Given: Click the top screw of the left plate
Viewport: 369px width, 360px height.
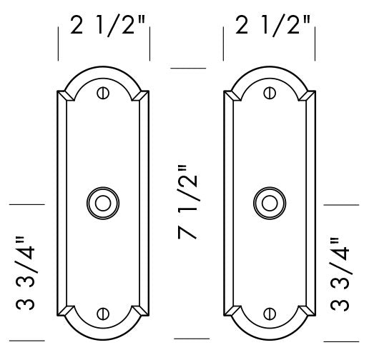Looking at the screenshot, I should pos(103,92).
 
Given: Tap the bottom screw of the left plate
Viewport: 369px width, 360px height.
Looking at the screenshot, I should pos(103,312).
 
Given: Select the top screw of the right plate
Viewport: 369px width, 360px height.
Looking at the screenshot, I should pos(270,92).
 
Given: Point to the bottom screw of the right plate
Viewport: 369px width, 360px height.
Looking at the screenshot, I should pos(270,312).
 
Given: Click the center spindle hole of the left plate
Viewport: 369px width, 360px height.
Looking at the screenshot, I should pos(103,202).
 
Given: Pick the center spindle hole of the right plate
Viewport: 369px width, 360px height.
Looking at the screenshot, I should pos(270,202).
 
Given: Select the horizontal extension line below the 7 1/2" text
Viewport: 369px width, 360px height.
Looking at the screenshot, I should pos(190,337).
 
